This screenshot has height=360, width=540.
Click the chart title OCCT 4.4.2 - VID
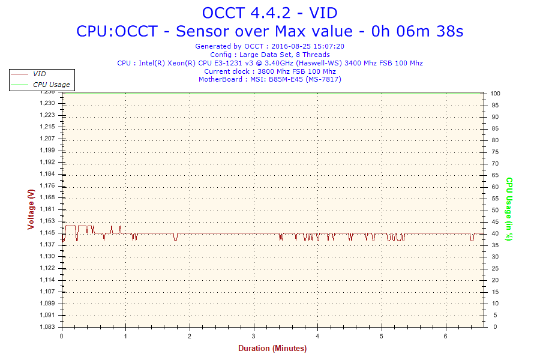coord(269,13)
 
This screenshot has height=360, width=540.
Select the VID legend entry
coord(40,74)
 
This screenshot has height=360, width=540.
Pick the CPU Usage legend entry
coord(51,85)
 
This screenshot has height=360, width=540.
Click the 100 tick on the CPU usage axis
coord(496,94)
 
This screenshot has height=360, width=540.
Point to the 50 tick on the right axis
coord(494,210)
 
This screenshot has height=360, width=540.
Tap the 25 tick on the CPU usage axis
coord(494,269)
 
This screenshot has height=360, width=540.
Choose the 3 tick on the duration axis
coord(254,336)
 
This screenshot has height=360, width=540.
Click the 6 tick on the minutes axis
coord(446,336)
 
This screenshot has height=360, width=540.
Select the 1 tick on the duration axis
coord(125,336)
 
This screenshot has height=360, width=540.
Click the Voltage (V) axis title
coord(31,209)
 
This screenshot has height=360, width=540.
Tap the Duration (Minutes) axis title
coord(272,348)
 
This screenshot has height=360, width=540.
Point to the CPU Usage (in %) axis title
coord(509,209)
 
